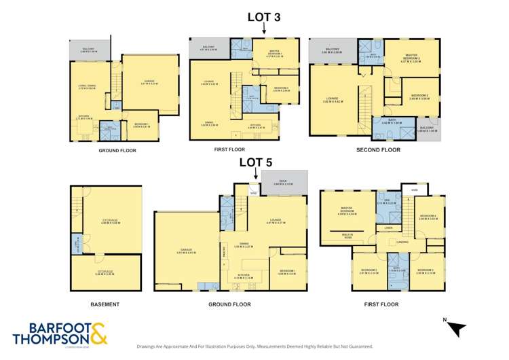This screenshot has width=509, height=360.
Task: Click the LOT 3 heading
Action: (x=264, y=16)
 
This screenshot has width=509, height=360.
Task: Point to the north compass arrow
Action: (x=457, y=328)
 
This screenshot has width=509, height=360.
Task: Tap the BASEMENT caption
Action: (x=105, y=304)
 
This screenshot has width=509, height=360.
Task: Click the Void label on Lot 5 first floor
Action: (x=414, y=190)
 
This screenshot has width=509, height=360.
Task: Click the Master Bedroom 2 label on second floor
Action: (x=411, y=56)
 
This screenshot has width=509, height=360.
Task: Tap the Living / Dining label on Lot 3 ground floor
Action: (x=88, y=86)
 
